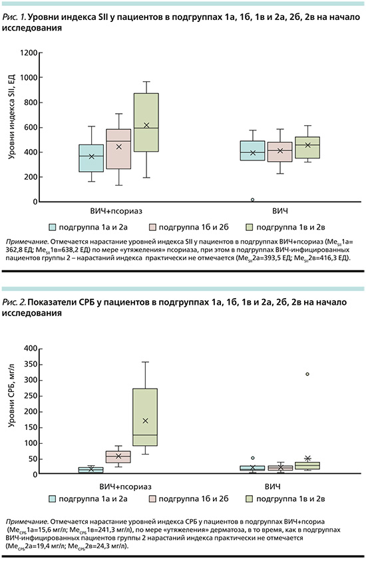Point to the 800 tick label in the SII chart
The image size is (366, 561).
click(x=31, y=102)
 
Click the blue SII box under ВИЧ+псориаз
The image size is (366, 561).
click(x=91, y=158)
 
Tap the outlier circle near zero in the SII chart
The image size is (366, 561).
click(x=253, y=200)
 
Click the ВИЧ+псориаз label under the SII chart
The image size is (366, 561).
click(x=116, y=211)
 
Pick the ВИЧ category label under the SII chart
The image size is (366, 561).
click(x=279, y=211)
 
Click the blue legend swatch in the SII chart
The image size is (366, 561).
click(x=53, y=227)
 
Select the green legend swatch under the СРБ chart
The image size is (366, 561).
click(x=249, y=498)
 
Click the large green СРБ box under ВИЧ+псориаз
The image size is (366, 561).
click(x=145, y=417)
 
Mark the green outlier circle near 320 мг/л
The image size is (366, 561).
click(x=307, y=374)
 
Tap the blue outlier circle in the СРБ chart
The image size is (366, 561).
click(x=253, y=458)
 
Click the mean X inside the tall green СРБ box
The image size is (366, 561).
click(x=145, y=421)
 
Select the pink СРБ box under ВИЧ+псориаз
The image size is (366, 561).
click(x=118, y=457)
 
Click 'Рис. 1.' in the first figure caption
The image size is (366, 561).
click(x=14, y=17)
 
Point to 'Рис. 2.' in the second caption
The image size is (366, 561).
click(x=14, y=302)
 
